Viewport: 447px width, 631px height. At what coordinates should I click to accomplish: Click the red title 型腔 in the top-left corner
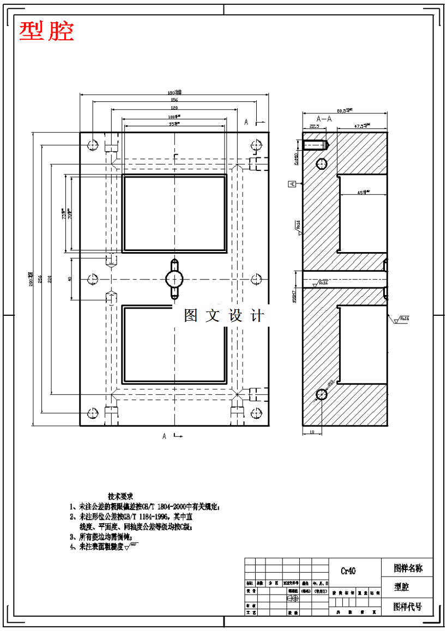point(46,32)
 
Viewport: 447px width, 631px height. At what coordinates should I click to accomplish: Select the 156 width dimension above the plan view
point(174,100)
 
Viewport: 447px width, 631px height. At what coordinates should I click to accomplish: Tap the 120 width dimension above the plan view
point(174,108)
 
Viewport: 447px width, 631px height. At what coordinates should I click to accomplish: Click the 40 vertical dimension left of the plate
point(70,279)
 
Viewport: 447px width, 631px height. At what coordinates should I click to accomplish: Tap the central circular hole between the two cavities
point(174,279)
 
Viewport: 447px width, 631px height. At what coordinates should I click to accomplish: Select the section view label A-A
point(324,118)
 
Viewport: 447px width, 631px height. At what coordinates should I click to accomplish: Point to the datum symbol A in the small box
point(293,184)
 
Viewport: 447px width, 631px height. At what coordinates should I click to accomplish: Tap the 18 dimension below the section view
point(312,432)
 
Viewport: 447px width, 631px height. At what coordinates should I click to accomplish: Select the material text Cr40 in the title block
point(348,571)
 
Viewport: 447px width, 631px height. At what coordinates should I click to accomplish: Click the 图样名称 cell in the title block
point(408,568)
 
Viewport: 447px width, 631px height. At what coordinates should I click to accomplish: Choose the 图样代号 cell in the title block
point(408,607)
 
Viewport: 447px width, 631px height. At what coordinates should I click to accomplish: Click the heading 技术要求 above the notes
point(120,497)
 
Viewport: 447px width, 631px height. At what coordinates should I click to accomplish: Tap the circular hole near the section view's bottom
point(321,394)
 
